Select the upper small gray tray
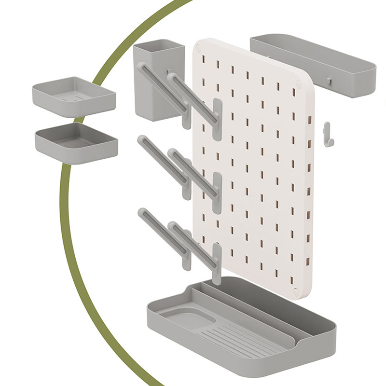(74, 96)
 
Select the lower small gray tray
(76, 142)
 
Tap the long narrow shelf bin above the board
(314, 65)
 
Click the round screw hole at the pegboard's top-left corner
(198, 48)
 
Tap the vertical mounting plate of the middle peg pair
(217, 193)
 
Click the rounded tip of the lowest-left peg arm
(142, 212)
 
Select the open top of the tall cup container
(158, 48)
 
